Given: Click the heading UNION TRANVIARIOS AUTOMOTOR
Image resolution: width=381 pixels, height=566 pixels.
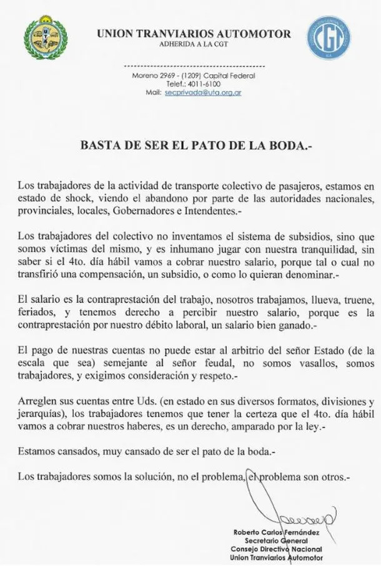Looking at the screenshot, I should [194, 34].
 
